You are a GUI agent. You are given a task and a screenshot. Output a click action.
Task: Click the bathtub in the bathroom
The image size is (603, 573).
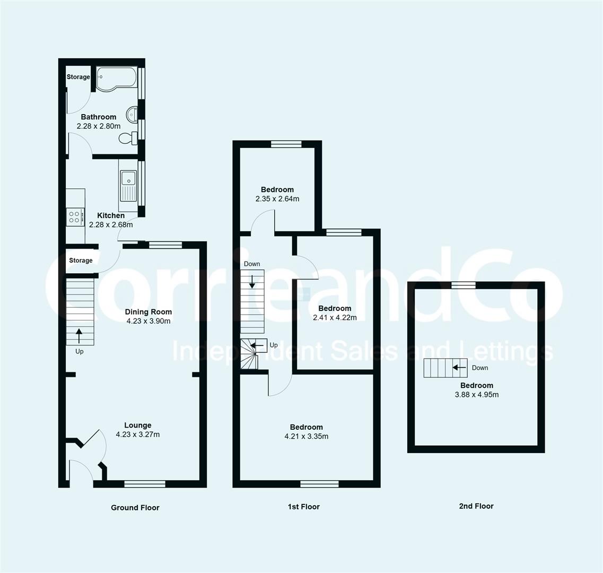tap(116, 79)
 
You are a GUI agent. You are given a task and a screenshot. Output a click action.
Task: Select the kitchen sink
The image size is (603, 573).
tap(128, 185)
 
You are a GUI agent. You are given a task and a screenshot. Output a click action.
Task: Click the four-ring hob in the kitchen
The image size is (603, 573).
tap(74, 216)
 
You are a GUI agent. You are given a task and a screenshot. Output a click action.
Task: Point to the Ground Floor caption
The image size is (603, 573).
tap(135, 508)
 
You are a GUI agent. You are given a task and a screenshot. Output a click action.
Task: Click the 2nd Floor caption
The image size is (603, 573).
tap(476, 506)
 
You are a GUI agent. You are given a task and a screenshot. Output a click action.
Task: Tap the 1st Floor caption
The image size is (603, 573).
tap(304, 507)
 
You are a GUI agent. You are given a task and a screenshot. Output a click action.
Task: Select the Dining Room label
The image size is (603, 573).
tap(148, 312)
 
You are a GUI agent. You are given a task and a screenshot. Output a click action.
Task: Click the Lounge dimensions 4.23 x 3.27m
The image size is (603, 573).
tap(138, 435)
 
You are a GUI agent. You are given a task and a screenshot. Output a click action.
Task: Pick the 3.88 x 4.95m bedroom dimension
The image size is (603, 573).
tap(476, 395)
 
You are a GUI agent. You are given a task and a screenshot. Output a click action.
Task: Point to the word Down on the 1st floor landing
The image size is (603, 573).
tap(252, 264)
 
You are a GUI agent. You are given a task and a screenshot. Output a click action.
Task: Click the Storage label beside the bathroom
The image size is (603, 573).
tap(78, 77)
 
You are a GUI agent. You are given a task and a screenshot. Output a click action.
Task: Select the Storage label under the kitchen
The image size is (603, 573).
tap(81, 261)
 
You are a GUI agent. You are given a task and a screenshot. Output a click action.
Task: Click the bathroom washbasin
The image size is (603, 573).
tap(133, 114)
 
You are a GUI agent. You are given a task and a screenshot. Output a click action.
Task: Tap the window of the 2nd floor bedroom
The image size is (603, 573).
tap(463, 285)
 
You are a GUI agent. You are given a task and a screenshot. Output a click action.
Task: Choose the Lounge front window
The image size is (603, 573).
tap(145, 483)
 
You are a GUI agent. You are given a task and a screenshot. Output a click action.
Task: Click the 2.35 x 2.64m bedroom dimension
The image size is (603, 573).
tap(277, 199)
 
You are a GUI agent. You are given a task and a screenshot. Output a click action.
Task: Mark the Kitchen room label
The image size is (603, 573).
tap(111, 215)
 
